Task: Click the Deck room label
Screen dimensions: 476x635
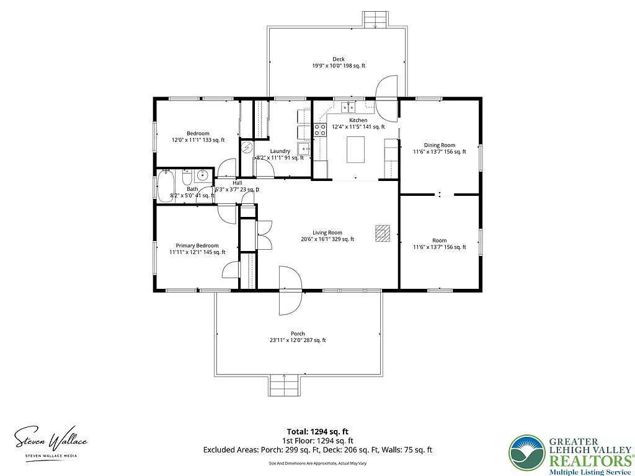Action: pyautogui.click(x=338, y=59)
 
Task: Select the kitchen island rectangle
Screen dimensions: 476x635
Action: pyautogui.click(x=355, y=150)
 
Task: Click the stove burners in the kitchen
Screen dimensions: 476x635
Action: pyautogui.click(x=321, y=130)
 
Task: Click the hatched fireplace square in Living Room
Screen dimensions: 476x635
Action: pyautogui.click(x=383, y=232)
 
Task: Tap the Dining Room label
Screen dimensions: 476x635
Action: pyautogui.click(x=439, y=146)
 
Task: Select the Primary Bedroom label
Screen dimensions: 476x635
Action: pyautogui.click(x=197, y=245)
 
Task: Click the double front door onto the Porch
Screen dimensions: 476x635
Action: pyautogui.click(x=290, y=289)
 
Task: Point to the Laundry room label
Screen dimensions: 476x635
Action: pyautogui.click(x=280, y=151)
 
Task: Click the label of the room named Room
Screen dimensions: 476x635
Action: pyautogui.click(x=439, y=240)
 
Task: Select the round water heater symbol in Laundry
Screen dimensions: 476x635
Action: pyautogui.click(x=247, y=148)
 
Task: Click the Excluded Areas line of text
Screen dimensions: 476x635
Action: pyautogui.click(x=317, y=450)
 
